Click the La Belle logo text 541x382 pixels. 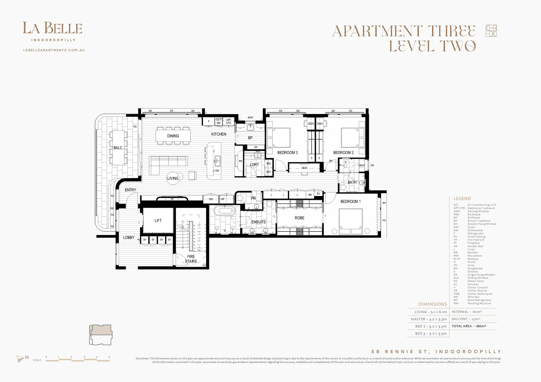pyautogui.click(x=52, y=28)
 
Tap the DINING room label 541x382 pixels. pyautogui.click(x=173, y=136)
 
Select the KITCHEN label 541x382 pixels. pyautogui.click(x=218, y=134)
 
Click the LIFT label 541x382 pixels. pyautogui.click(x=158, y=221)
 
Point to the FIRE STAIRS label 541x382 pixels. pyautogui.click(x=191, y=259)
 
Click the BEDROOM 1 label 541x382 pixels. pyautogui.click(x=350, y=202)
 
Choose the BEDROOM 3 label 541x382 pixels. pyautogui.click(x=287, y=153)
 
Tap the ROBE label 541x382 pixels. pyautogui.click(x=299, y=218)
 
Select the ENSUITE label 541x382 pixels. pyautogui.click(x=258, y=222)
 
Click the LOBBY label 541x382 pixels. pyautogui.click(x=129, y=238)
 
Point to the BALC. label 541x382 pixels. pyautogui.click(x=118, y=148)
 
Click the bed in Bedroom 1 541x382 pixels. pyautogui.click(x=351, y=221)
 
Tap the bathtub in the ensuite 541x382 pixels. pyautogui.click(x=225, y=211)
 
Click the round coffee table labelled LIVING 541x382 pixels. pyautogui.click(x=175, y=178)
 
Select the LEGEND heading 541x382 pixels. pyautogui.click(x=462, y=199)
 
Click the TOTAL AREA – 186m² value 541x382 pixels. pyautogui.click(x=469, y=326)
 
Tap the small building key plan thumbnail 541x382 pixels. pyautogui.click(x=101, y=335)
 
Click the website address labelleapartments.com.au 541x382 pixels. pyautogui.click(x=54, y=50)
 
